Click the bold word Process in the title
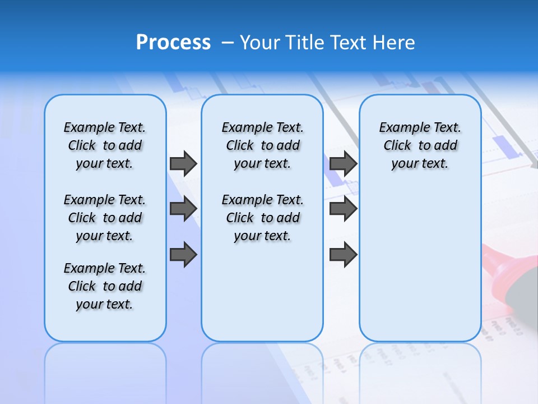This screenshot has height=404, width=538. tap(173, 43)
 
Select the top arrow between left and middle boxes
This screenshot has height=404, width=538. tap(183, 163)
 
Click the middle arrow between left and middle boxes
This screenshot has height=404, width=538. tap(183, 209)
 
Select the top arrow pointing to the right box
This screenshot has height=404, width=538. tap(344, 163)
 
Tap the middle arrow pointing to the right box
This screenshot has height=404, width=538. tap(344, 209)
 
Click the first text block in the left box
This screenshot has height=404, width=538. tap(105, 145)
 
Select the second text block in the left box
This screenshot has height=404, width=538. tap(105, 218)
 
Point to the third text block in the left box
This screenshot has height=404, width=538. tap(105, 286)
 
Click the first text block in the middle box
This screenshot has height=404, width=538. tap(263, 145)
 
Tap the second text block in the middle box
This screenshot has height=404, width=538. tap(263, 218)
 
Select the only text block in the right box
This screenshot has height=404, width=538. tap(420, 145)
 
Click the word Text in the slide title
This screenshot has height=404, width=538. tap(349, 43)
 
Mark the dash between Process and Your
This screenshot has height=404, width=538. tap(228, 43)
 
